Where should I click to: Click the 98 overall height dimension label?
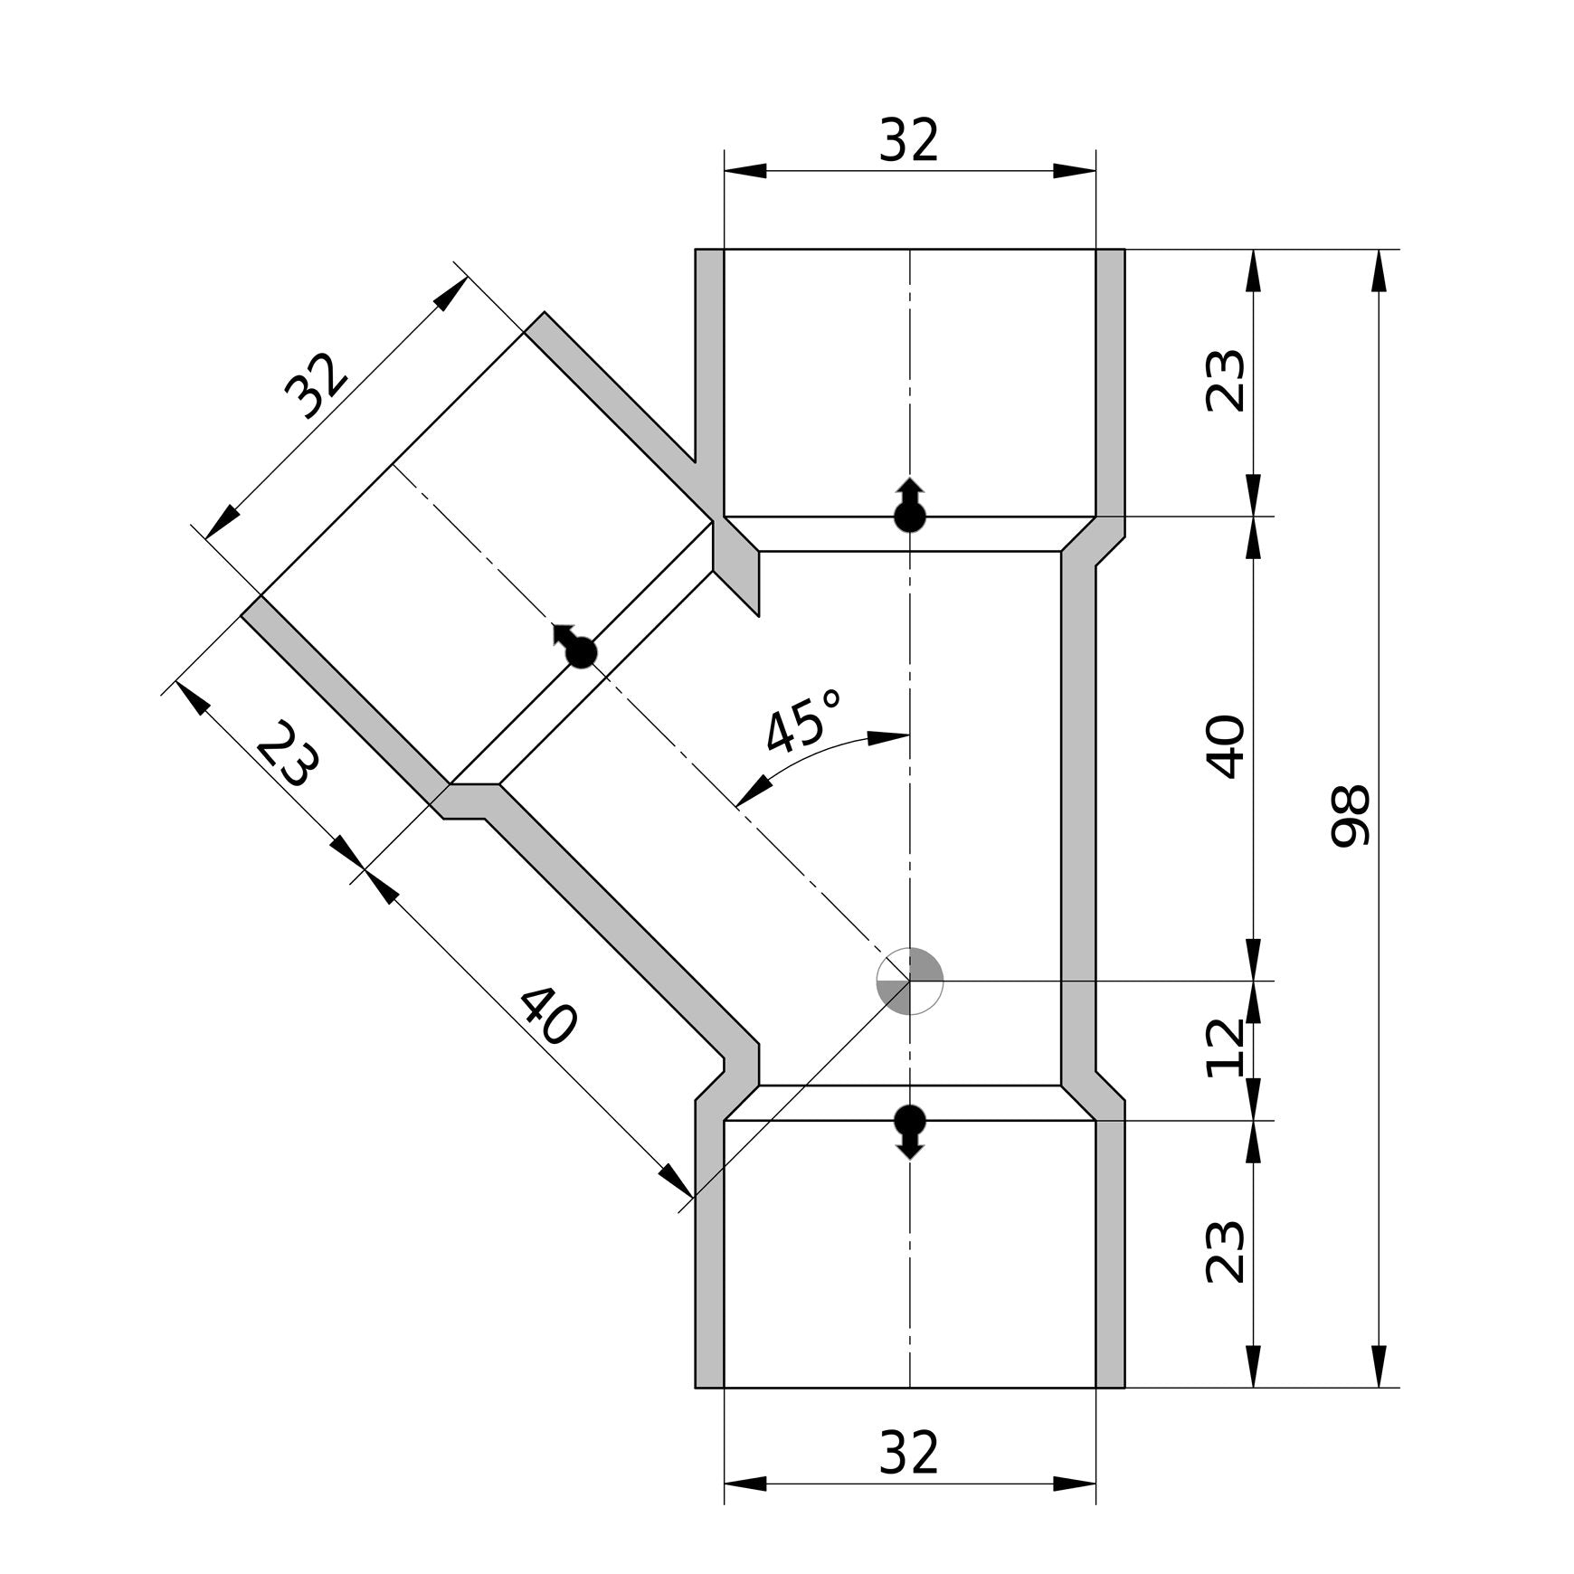(x=1351, y=816)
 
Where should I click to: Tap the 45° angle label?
(x=802, y=719)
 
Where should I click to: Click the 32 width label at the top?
(x=909, y=141)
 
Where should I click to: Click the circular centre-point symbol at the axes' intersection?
(x=910, y=981)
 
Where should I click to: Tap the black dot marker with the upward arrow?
(x=910, y=514)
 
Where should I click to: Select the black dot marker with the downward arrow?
(x=910, y=1123)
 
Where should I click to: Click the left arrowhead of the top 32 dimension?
(x=745, y=171)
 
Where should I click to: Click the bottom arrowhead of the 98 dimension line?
(x=1379, y=1367)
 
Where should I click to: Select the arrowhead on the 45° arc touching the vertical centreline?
(x=888, y=737)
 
